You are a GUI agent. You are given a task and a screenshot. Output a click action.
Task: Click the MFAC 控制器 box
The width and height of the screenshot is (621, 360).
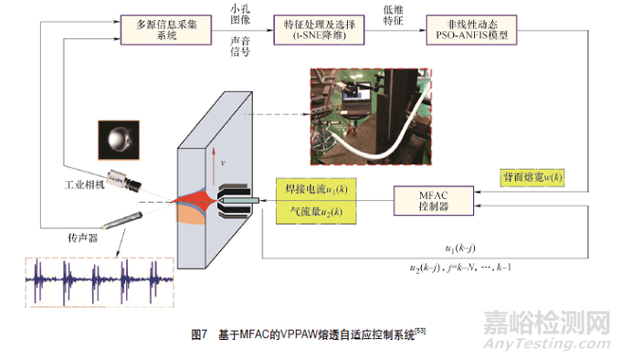432,201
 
